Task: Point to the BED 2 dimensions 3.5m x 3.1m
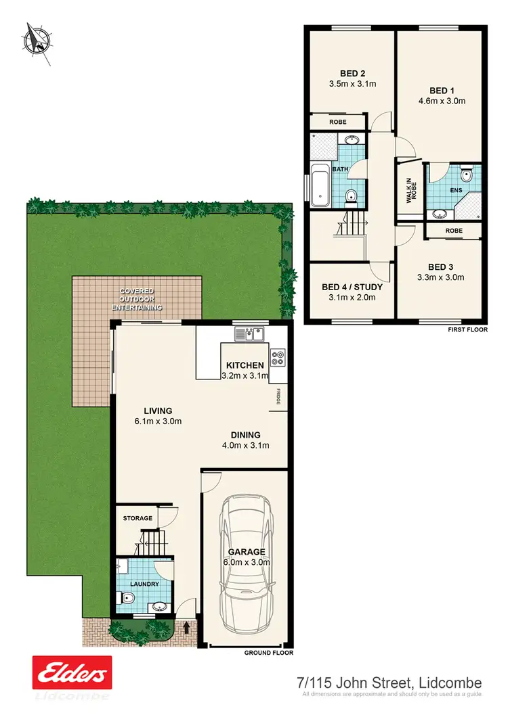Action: [352, 85]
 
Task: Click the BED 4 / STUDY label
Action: [352, 287]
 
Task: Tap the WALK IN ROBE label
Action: [409, 191]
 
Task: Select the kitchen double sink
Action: [249, 334]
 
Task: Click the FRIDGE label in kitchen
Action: [278, 396]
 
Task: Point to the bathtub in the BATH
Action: [319, 186]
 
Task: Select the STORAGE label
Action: [137, 518]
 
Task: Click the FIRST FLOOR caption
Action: [467, 331]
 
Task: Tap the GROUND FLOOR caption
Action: [269, 653]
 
